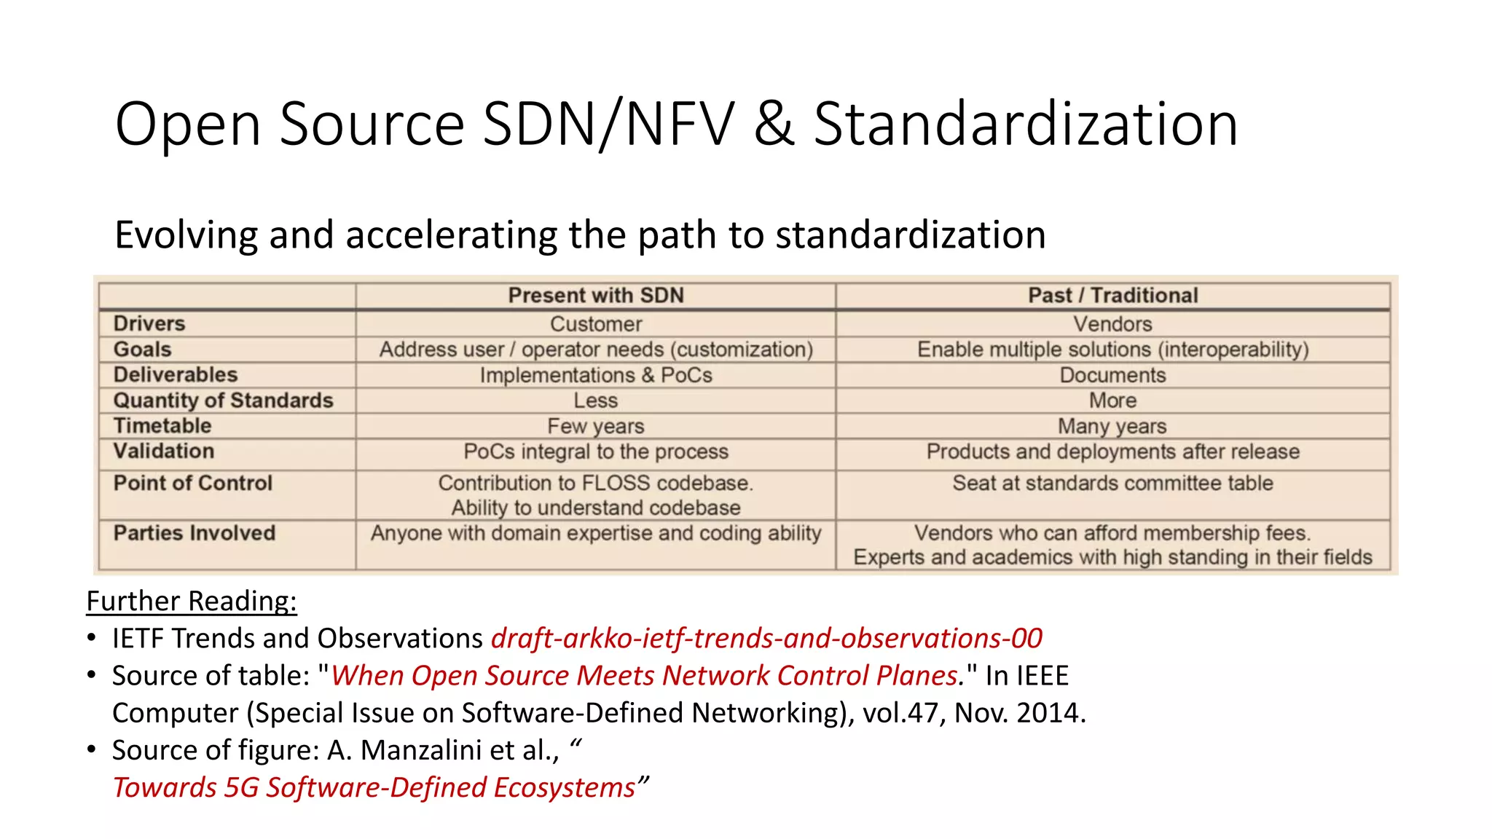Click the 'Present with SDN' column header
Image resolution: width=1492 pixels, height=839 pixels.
tap(596, 296)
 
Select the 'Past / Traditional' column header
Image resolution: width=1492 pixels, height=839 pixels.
tap(1112, 296)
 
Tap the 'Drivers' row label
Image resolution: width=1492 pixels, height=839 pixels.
tap(149, 323)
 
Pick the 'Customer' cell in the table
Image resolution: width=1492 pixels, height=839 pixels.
tap(596, 324)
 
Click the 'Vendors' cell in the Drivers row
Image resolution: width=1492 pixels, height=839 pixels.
tap(1112, 324)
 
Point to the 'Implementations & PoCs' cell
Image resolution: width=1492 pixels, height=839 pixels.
tap(596, 375)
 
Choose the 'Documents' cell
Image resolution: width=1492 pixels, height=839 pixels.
tap(1112, 375)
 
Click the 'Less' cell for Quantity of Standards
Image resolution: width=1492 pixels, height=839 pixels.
tap(596, 401)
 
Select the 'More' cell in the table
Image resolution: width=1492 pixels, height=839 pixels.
tap(1112, 401)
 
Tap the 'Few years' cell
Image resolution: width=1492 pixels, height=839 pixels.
tap(596, 426)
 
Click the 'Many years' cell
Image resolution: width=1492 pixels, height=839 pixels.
tap(1112, 426)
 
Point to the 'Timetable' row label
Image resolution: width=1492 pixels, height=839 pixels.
tap(162, 425)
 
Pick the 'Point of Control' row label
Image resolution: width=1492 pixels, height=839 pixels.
tap(193, 483)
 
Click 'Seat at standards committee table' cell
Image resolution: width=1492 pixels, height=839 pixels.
tap(1112, 483)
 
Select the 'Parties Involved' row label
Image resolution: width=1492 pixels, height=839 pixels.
tap(195, 533)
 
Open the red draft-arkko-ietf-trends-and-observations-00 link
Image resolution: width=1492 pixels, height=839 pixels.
tap(766, 639)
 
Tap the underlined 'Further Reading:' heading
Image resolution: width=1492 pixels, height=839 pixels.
tap(192, 602)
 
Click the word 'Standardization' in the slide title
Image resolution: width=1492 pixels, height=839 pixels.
tap(1025, 124)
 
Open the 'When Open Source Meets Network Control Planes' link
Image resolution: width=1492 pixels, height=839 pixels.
tap(644, 676)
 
